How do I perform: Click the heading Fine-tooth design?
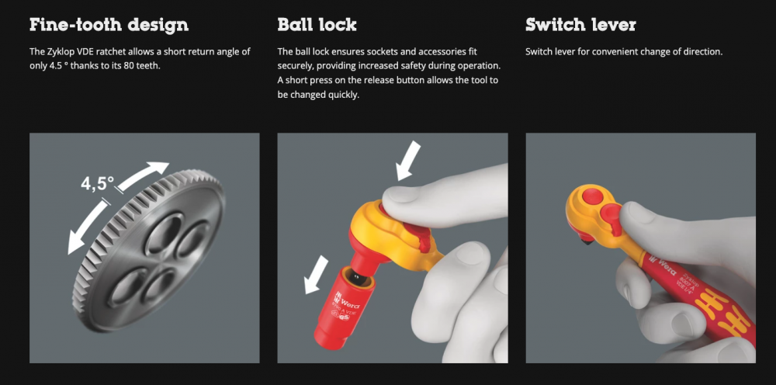tap(109, 25)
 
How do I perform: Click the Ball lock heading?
tap(317, 25)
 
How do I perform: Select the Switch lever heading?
tap(580, 25)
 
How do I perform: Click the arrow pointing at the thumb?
tap(409, 161)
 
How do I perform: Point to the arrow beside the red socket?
tap(317, 275)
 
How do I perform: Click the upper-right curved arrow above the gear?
tap(143, 175)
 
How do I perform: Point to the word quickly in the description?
tap(343, 95)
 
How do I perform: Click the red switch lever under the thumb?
tap(611, 219)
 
